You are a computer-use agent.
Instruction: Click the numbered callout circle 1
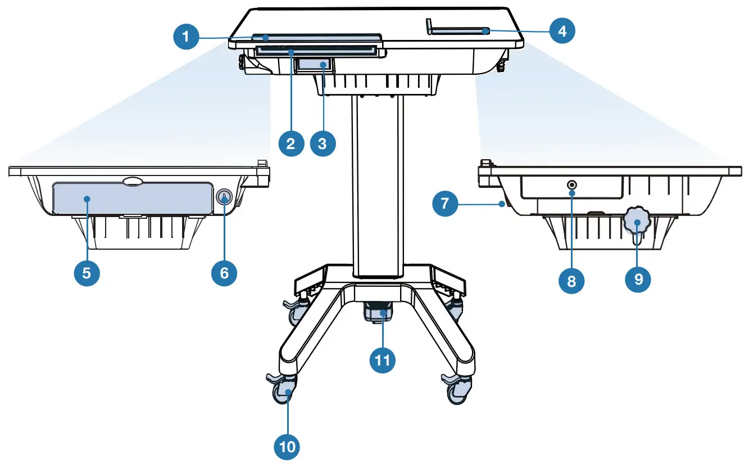coord(186,38)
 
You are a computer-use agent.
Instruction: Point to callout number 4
coord(562,31)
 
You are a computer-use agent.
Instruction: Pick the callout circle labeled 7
coord(446,203)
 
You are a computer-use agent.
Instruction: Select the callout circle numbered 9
coord(638,279)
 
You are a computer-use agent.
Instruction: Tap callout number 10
coord(287,447)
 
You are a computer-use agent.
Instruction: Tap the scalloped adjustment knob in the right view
coord(637,224)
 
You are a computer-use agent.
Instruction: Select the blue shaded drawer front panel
coord(132,199)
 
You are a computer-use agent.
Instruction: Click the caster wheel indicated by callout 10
coord(285,393)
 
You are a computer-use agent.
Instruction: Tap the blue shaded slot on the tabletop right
coord(459,32)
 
